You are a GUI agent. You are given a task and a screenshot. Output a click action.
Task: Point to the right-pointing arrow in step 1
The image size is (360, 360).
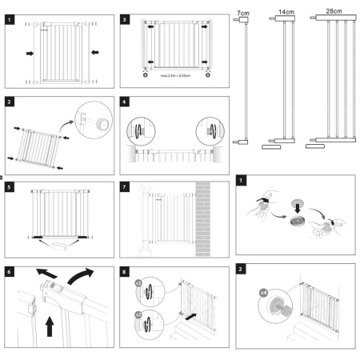(30, 54)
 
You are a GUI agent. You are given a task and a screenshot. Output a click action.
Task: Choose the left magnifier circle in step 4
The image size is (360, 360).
(137, 130)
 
